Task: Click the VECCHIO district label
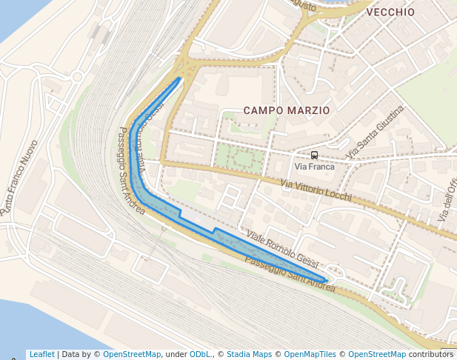390,13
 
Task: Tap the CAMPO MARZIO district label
287,110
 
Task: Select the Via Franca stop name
315,167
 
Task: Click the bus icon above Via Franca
315,155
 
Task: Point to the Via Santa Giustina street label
376,132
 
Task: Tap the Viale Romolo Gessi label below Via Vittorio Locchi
282,250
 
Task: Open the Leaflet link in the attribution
41,355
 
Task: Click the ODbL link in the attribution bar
201,355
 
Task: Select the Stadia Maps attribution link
249,355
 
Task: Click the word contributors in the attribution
430,355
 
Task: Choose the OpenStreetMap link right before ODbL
132,355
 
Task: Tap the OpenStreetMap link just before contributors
377,355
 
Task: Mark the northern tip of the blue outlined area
179,78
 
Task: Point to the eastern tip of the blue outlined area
326,281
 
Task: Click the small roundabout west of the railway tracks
77,76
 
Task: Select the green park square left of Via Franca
238,158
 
